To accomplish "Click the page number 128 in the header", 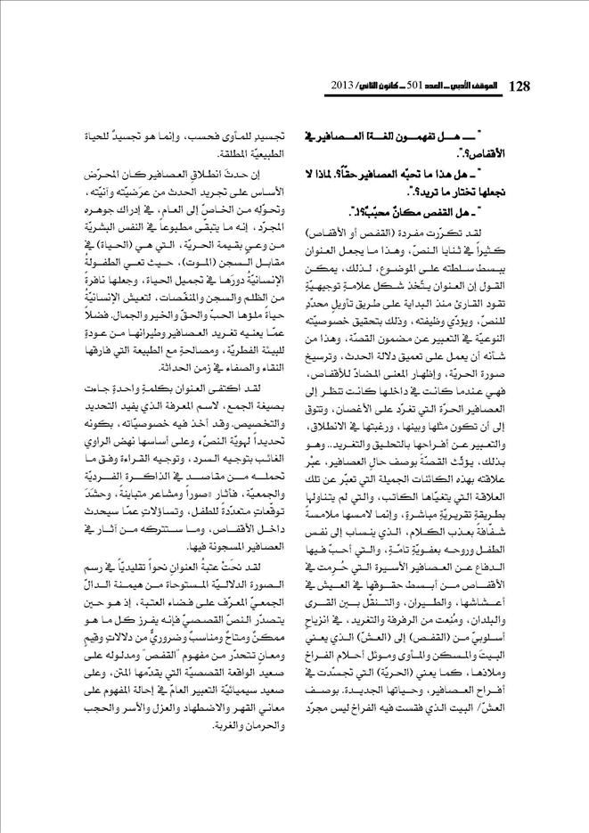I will pyautogui.click(x=519, y=86).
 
